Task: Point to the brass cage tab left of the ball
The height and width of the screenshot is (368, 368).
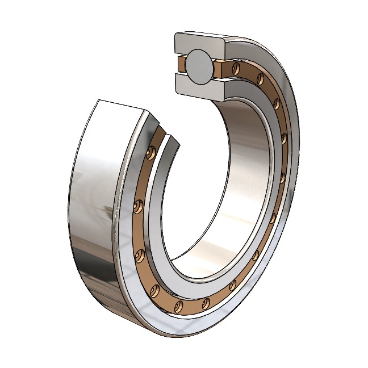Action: click(181, 64)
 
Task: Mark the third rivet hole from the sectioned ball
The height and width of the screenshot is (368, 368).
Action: click(277, 103)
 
